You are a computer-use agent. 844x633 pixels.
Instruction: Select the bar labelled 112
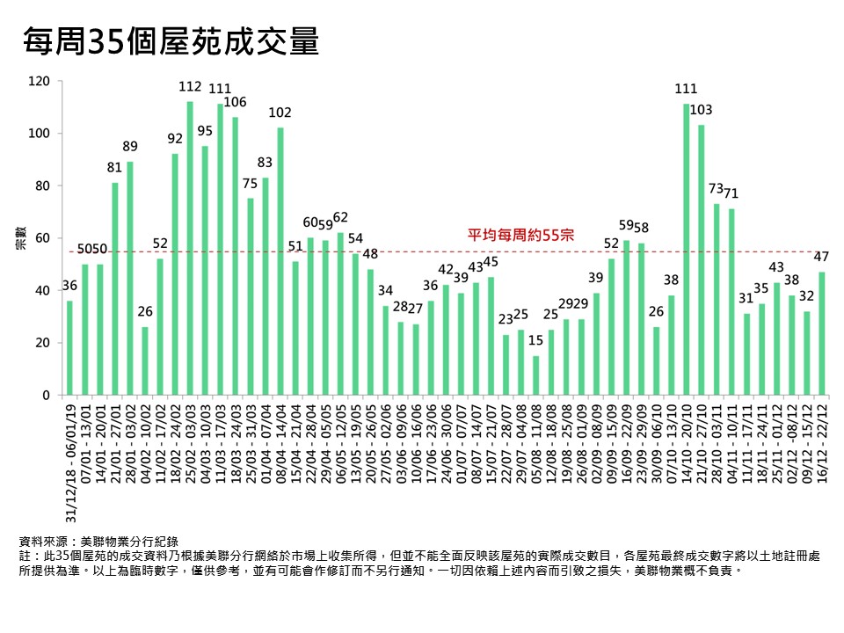(x=190, y=249)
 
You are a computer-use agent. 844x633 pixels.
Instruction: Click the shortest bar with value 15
(x=536, y=375)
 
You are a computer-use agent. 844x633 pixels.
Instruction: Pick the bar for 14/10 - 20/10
(x=687, y=250)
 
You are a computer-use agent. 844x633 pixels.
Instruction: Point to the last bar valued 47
(x=822, y=334)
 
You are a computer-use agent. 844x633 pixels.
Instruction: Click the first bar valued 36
(x=69, y=348)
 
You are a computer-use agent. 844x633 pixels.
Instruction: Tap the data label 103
(x=702, y=110)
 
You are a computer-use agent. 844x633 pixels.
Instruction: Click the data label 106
(x=236, y=103)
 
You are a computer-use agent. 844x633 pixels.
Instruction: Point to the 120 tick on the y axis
(x=40, y=82)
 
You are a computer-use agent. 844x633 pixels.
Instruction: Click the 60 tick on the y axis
(x=43, y=238)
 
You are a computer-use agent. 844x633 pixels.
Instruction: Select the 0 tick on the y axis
(x=47, y=396)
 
